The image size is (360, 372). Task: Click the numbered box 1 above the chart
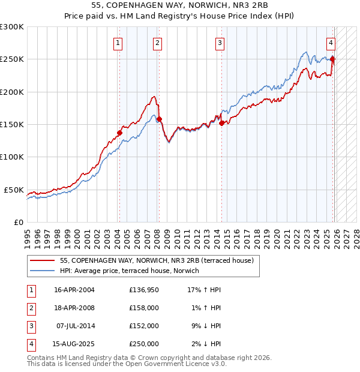click(118, 43)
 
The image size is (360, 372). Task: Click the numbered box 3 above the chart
click(220, 43)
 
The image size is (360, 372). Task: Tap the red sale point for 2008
click(159, 119)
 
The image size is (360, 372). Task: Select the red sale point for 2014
click(221, 123)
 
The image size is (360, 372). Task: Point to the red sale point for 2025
click(333, 59)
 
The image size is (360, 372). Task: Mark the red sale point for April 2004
click(119, 133)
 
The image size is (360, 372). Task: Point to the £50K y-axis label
click(14, 190)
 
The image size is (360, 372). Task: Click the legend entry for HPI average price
click(131, 271)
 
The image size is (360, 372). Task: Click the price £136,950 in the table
click(144, 290)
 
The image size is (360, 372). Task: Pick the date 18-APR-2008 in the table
click(74, 308)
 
